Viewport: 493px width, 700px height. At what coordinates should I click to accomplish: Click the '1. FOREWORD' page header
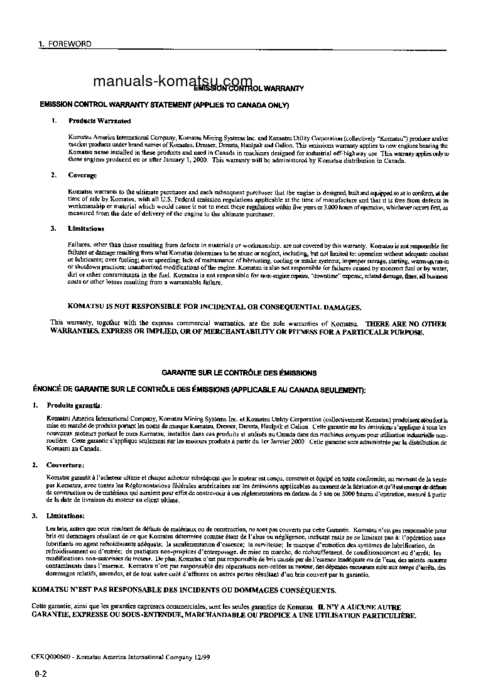(x=65, y=44)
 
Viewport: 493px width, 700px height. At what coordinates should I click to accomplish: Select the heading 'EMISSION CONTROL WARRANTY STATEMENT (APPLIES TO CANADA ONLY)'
(x=164, y=104)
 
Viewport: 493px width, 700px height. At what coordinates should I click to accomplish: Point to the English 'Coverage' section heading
(x=82, y=175)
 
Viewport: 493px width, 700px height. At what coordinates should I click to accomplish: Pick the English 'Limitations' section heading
(x=86, y=228)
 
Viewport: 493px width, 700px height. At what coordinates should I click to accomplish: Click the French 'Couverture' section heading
(x=65, y=465)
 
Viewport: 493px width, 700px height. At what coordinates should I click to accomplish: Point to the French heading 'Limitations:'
(x=65, y=516)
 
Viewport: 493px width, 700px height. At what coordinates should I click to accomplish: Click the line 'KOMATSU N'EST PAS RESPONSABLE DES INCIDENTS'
(x=183, y=590)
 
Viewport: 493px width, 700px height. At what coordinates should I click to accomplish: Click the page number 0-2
(x=41, y=674)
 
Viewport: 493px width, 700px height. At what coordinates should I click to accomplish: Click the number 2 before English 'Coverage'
(x=54, y=175)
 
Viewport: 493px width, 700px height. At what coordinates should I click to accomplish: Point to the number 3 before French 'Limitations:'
(x=35, y=516)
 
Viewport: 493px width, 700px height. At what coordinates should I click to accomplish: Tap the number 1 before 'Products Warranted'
(x=54, y=120)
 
